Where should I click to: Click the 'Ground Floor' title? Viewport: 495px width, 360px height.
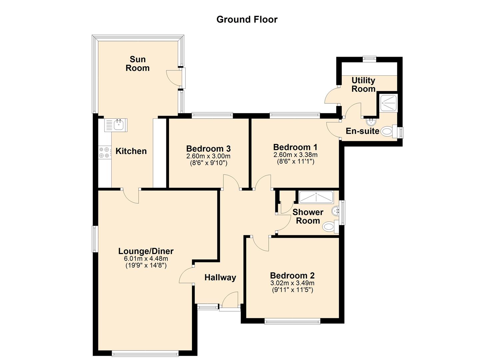click(x=247, y=19)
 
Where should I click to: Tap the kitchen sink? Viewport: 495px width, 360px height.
click(x=116, y=125)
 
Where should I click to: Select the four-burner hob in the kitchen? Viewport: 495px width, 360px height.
click(x=105, y=152)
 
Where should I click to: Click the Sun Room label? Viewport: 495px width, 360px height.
click(x=137, y=63)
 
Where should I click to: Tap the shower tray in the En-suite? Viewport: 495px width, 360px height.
click(x=388, y=103)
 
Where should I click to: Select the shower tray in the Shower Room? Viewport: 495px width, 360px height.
click(x=316, y=197)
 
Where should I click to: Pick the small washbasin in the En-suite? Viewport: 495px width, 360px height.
click(x=370, y=122)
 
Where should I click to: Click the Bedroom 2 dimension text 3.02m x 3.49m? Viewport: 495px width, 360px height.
click(x=292, y=283)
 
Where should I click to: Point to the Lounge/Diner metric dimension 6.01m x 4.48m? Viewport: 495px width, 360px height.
click(x=146, y=258)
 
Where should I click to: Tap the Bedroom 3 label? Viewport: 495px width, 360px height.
click(x=208, y=148)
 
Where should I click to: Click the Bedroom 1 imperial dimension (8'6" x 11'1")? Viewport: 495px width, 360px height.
click(x=295, y=162)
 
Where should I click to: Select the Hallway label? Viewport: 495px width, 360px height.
click(x=220, y=277)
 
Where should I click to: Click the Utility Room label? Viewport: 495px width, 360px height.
click(x=363, y=84)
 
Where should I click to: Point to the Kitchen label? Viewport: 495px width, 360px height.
click(x=131, y=151)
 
